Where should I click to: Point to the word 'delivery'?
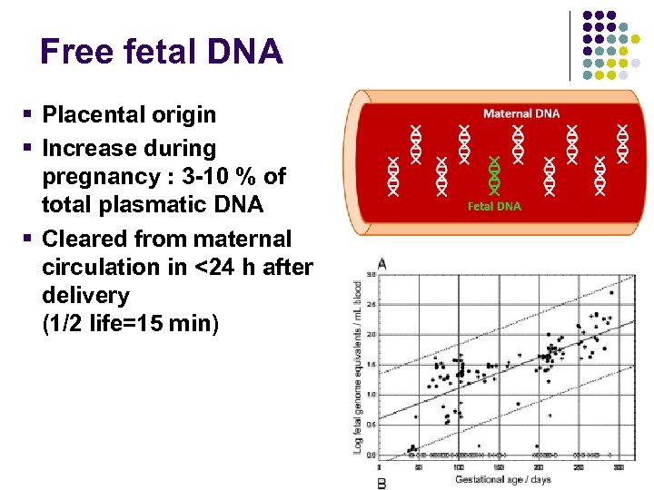coord(85,296)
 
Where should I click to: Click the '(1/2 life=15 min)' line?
coord(130,324)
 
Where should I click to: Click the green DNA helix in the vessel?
coord(494,175)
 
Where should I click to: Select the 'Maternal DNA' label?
coord(521,113)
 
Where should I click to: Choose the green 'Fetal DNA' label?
coord(494,206)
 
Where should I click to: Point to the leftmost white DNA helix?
coord(393,174)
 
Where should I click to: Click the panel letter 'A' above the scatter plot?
coord(381,263)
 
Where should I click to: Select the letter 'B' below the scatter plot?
coord(381,484)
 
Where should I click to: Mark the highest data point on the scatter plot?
coord(610,293)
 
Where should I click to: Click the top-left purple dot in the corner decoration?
coord(587,16)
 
